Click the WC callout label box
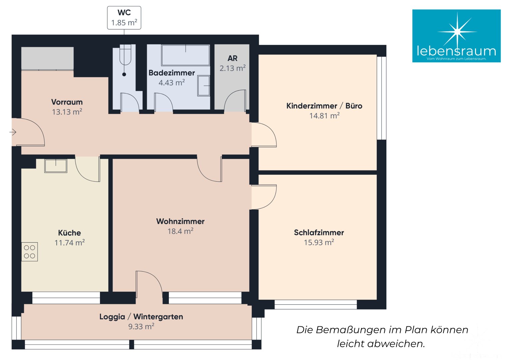(x=124, y=18)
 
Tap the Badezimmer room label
(x=172, y=73)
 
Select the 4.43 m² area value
(x=172, y=83)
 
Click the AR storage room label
(x=233, y=58)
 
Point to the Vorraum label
(x=67, y=102)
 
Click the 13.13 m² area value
(x=67, y=112)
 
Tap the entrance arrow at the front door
(x=13, y=132)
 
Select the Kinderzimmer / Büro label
(x=324, y=106)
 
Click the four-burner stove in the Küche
(x=30, y=252)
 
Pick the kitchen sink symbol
(x=56, y=166)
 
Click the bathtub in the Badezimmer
(x=186, y=55)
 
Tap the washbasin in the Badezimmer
(x=204, y=86)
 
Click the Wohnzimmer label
(x=181, y=221)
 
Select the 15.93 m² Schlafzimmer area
(x=319, y=242)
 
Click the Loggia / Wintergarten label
(x=141, y=317)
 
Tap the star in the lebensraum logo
(x=457, y=32)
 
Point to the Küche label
(x=69, y=233)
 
